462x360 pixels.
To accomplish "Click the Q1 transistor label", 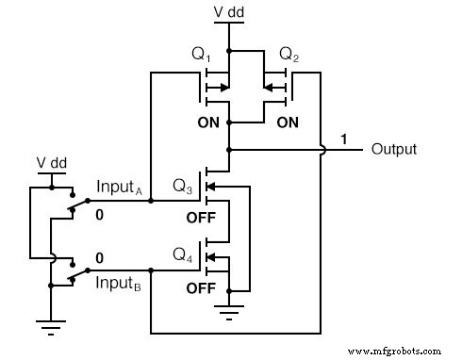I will (x=202, y=56).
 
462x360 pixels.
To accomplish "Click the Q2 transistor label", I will (x=290, y=56).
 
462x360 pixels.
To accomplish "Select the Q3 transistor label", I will (x=183, y=187).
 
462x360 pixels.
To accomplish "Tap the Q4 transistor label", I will (x=183, y=254).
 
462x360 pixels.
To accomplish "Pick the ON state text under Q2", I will (x=288, y=123).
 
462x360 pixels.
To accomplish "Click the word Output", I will (x=395, y=149).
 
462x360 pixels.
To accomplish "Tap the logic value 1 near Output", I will (x=345, y=139).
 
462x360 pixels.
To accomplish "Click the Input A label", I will (x=119, y=189).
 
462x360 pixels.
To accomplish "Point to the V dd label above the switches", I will (x=51, y=161).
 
